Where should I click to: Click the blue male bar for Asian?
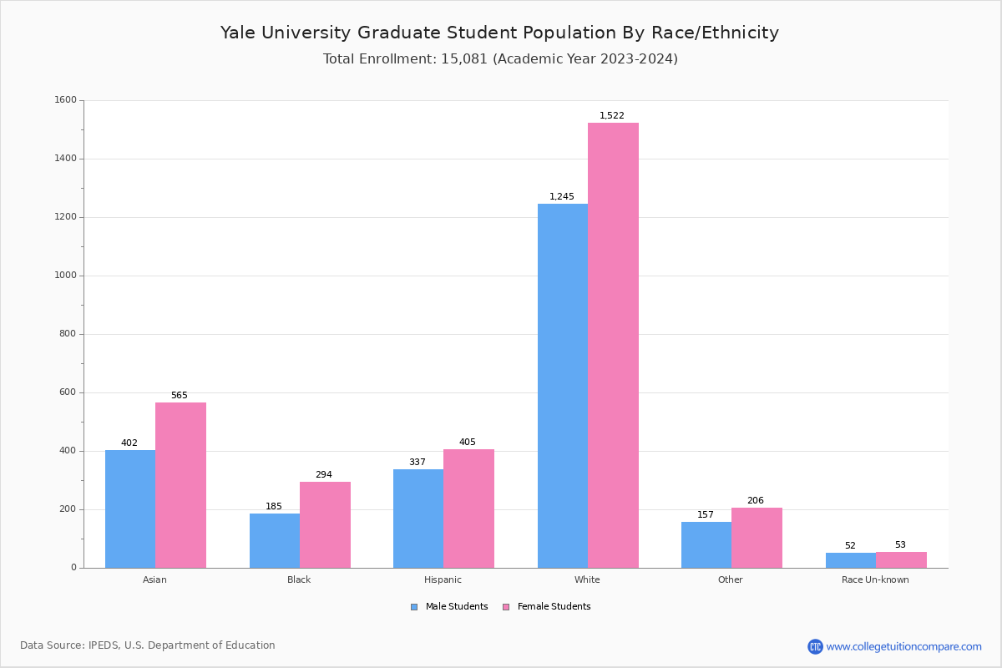130,509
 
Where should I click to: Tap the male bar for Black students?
275,540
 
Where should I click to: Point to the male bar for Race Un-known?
851,559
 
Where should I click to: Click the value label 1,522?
611,116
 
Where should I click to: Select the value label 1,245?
561,197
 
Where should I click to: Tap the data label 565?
180,396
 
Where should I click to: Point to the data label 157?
706,515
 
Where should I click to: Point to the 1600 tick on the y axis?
65,100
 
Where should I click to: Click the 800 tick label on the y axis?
68,334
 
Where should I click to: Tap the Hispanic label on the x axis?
443,579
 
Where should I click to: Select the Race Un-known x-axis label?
875,579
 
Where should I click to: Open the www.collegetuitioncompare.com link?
903,646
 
